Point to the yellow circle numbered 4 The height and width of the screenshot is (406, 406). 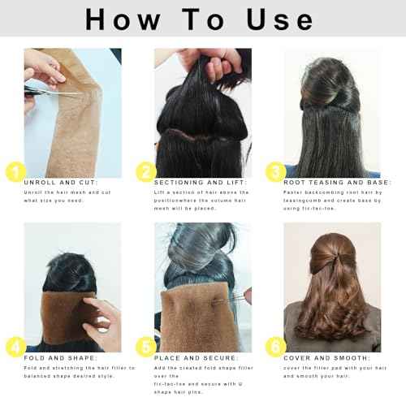pos(12,348)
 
